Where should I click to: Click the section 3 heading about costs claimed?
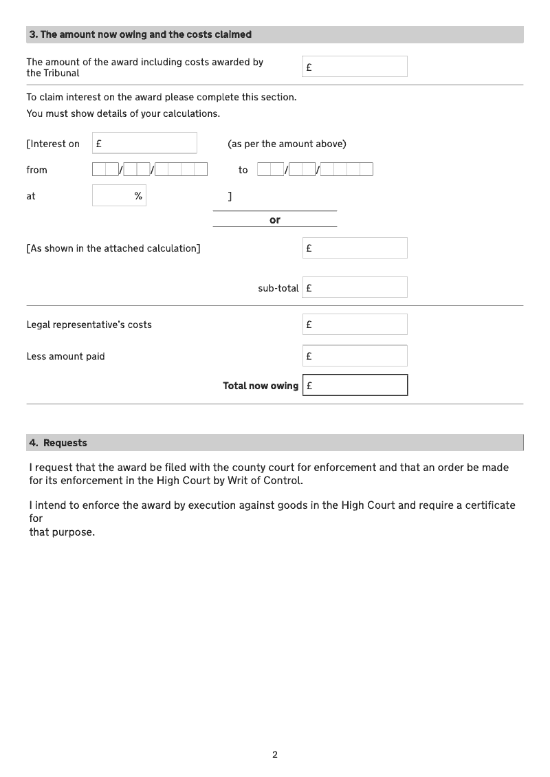tap(140, 34)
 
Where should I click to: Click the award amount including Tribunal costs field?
tap(355, 67)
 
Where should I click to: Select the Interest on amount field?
tap(144, 143)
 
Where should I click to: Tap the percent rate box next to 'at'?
tap(119, 196)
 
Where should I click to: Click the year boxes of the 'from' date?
tap(181, 169)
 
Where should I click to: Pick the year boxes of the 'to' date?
tap(347, 169)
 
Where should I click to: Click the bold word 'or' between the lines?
tap(275, 220)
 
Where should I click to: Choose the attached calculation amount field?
tap(355, 248)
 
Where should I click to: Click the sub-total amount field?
tap(355, 287)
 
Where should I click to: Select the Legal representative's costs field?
tap(355, 325)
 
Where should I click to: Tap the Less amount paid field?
tap(355, 356)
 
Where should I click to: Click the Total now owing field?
tap(355, 385)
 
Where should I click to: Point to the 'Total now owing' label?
tap(261, 386)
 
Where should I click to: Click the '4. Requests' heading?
tap(58, 443)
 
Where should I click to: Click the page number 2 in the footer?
tap(275, 754)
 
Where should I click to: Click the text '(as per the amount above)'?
tap(287, 144)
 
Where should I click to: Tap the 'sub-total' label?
tap(278, 288)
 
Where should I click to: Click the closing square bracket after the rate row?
tap(230, 197)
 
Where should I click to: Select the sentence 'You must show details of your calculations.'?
tap(123, 113)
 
